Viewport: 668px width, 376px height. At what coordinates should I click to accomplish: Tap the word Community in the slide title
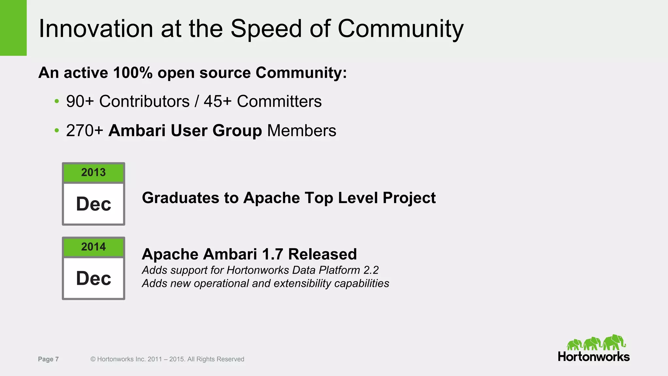(x=400, y=29)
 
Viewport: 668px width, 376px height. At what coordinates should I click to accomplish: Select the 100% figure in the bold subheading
(x=133, y=72)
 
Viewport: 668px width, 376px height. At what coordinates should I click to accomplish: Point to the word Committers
(x=279, y=101)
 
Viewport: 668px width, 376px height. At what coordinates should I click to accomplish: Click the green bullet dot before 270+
(x=57, y=131)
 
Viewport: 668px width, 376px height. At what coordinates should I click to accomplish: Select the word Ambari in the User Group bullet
(x=137, y=131)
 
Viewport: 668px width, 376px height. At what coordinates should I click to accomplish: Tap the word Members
(x=302, y=131)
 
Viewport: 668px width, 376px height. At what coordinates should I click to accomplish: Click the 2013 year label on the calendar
(x=94, y=172)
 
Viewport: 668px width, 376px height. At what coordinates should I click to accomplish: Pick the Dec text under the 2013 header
(x=94, y=204)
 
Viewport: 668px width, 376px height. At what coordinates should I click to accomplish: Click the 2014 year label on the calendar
(x=94, y=247)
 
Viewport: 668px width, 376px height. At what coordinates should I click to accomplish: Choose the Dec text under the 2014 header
(x=94, y=278)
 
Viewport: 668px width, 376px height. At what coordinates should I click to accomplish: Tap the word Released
(x=323, y=254)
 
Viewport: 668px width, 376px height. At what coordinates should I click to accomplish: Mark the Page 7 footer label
(x=48, y=359)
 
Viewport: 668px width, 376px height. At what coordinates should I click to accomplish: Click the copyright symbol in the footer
(x=93, y=359)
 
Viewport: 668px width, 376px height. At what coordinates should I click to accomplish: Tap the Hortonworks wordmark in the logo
(x=594, y=356)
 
